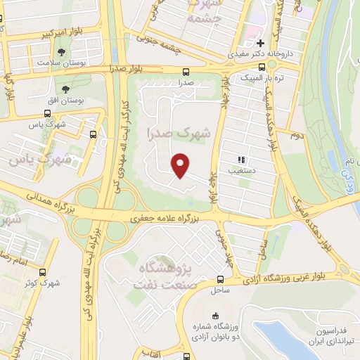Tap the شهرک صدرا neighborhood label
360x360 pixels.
click(x=179, y=131)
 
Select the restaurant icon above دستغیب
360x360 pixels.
click(x=242, y=160)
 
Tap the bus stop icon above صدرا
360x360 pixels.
click(x=186, y=72)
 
